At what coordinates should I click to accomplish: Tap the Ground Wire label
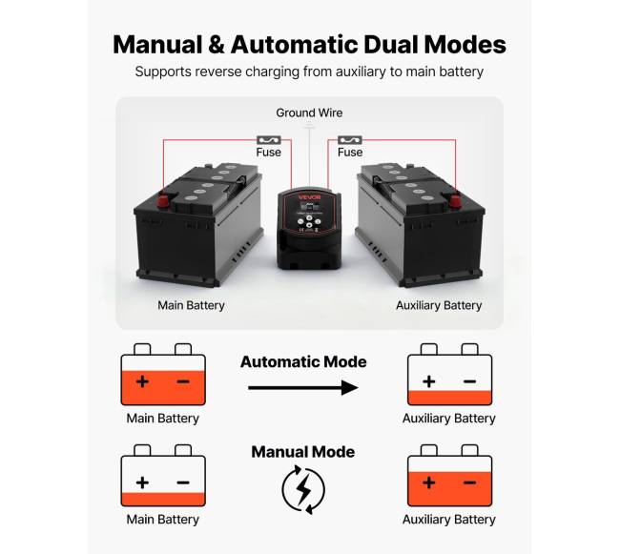coord(309,113)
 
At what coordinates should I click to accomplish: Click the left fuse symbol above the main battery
coord(268,138)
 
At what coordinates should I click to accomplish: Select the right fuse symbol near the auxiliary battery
coord(349,138)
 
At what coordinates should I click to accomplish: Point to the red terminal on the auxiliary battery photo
coord(455,200)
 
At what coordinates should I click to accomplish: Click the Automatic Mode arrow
coord(302,388)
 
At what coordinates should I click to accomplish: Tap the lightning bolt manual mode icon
coord(302,488)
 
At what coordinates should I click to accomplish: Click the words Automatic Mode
coord(303,362)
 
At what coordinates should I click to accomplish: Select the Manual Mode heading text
coord(302,452)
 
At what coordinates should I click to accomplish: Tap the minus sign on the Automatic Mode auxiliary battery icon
coord(469,381)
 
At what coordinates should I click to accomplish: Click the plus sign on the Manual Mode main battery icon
coord(142,482)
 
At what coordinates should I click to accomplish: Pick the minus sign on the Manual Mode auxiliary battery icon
coord(469,482)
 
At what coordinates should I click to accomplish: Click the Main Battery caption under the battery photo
coord(191,306)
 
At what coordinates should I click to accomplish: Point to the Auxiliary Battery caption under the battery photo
coord(439,306)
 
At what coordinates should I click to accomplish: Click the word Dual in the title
coord(386,44)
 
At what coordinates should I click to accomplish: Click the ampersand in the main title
coord(216,44)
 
